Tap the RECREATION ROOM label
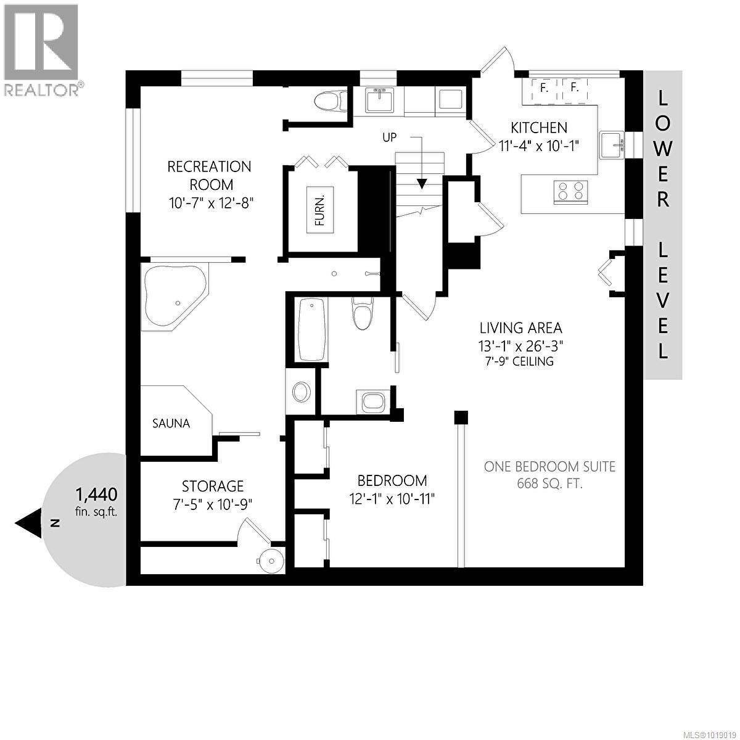point(210,175)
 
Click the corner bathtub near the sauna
point(173,297)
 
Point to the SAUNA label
point(171,424)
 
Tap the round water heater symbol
point(271,559)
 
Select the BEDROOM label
point(392,480)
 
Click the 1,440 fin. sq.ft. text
point(96,501)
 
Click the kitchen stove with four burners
point(571,191)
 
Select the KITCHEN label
point(538,128)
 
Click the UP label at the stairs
point(389,138)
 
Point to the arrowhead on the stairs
point(422,183)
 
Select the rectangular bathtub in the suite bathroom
point(311,329)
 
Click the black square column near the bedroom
point(460,417)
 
